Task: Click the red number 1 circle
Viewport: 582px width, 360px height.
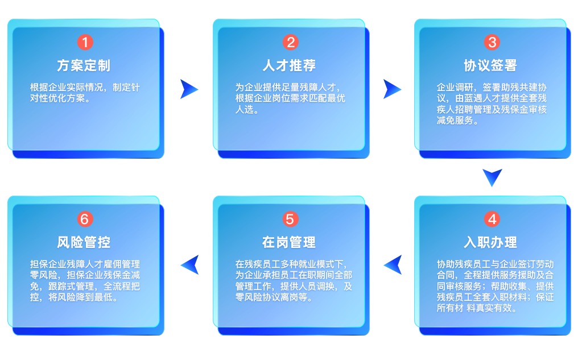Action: (x=84, y=42)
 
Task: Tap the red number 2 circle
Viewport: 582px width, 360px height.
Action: (x=290, y=42)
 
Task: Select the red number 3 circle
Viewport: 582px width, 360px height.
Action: (x=492, y=42)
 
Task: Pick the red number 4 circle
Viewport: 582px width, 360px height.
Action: (x=492, y=219)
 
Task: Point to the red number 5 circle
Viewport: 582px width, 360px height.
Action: (x=290, y=219)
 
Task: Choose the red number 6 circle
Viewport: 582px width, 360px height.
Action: (x=84, y=219)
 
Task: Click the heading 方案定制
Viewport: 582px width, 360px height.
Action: (x=84, y=65)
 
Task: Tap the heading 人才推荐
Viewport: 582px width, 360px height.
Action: (x=289, y=65)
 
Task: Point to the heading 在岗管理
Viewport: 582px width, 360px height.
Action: (x=289, y=242)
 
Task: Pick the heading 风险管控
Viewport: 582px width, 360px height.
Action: (x=84, y=242)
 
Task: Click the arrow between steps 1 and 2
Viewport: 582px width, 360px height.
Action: (x=189, y=89)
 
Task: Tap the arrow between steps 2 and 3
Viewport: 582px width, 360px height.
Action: (x=392, y=89)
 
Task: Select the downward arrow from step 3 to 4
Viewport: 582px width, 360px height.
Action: (x=492, y=177)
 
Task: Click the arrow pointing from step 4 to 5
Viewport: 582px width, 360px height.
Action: (x=392, y=264)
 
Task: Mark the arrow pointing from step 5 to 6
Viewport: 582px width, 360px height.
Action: (x=189, y=264)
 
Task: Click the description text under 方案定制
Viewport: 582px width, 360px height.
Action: (x=84, y=93)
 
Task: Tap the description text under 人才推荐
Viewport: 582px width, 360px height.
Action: (x=290, y=98)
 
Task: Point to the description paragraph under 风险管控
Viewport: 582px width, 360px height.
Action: (x=84, y=281)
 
